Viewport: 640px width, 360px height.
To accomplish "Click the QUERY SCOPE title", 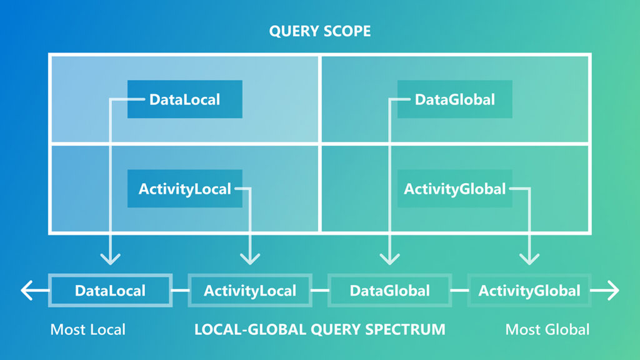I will coord(319,31).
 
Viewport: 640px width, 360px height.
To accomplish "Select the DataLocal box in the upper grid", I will coord(184,99).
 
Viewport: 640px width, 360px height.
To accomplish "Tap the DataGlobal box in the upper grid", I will coord(454,99).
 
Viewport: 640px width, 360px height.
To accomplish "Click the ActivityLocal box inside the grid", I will coord(184,189).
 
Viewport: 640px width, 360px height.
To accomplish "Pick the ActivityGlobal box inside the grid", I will coord(454,189).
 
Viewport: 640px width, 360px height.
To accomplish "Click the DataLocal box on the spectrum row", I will coord(110,291).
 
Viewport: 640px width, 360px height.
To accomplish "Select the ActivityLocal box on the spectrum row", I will coord(250,291).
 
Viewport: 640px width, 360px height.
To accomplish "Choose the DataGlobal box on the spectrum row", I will coord(389,291).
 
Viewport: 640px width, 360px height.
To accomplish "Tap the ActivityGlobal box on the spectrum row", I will coord(529,291).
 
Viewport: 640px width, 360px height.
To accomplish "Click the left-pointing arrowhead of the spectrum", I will coord(26,291).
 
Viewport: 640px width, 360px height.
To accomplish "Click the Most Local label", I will coord(87,329).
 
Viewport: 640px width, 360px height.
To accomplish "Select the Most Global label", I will coord(547,329).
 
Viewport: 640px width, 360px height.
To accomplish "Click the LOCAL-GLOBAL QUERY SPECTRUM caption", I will coord(319,329).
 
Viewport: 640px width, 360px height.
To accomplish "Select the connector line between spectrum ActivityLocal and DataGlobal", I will coord(320,291).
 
